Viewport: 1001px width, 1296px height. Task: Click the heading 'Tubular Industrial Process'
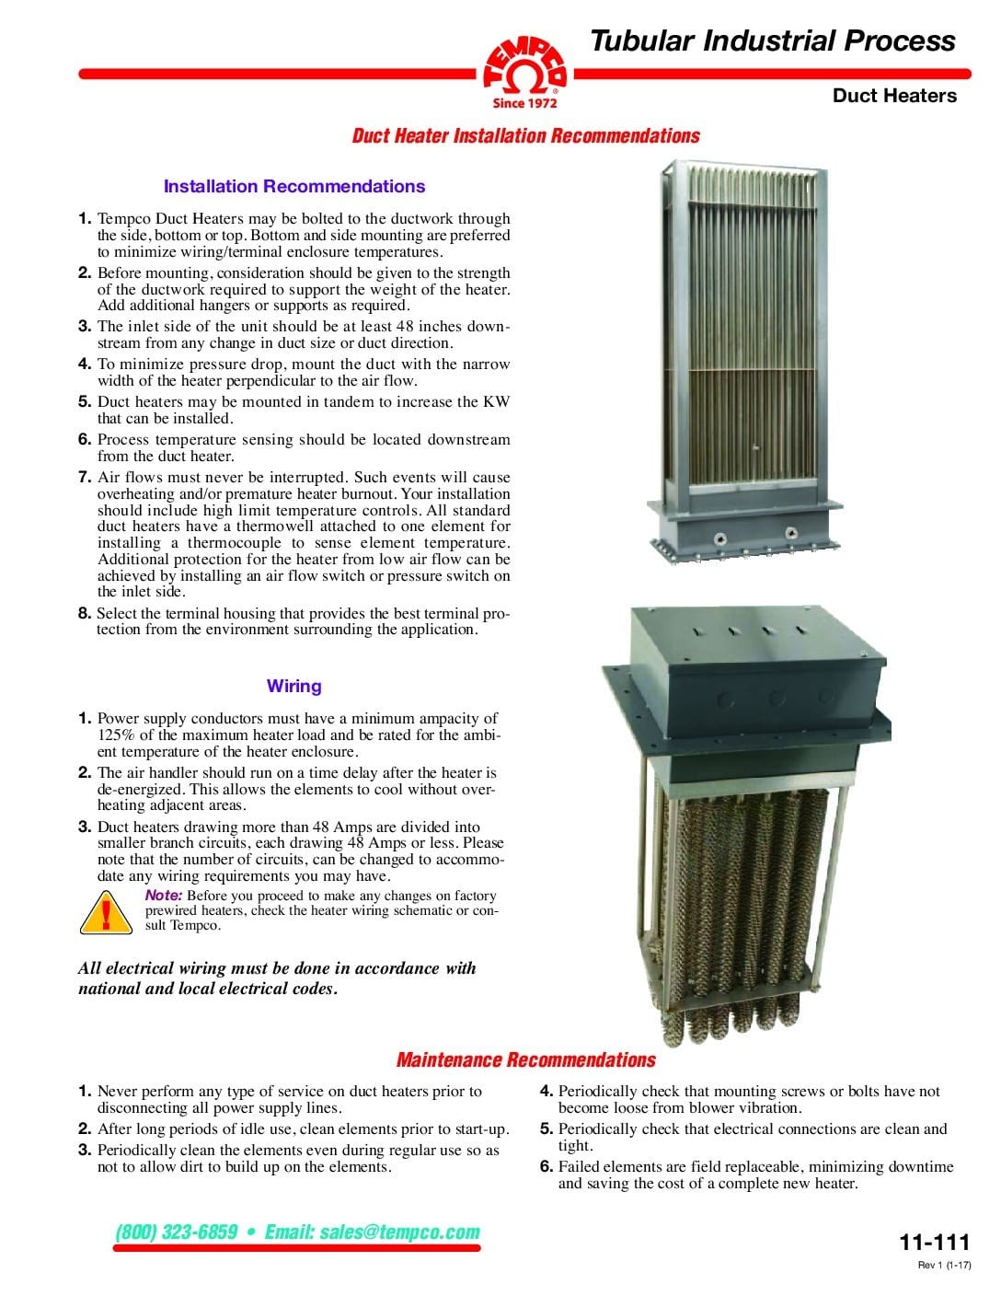click(772, 40)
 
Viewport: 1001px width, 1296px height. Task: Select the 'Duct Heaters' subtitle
click(893, 96)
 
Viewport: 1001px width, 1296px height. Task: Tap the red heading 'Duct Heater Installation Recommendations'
click(525, 136)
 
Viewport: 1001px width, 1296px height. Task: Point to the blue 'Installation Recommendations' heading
click(293, 186)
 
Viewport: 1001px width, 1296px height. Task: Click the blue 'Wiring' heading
click(293, 686)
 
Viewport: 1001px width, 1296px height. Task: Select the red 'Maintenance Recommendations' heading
click(525, 1059)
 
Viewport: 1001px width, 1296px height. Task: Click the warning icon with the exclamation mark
click(109, 911)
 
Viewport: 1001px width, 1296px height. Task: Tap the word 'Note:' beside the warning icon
click(164, 896)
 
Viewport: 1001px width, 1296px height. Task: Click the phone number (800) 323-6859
click(177, 1232)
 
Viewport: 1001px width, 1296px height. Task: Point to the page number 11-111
click(934, 1242)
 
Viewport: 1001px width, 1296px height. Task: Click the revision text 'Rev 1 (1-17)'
click(944, 1266)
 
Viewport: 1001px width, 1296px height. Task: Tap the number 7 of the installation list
click(84, 477)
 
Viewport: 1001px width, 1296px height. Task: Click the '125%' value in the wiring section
click(115, 735)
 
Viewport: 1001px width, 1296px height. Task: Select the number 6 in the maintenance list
click(546, 1166)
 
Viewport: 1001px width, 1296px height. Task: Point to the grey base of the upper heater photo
click(745, 529)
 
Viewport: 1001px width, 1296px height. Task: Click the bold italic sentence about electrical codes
click(277, 978)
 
